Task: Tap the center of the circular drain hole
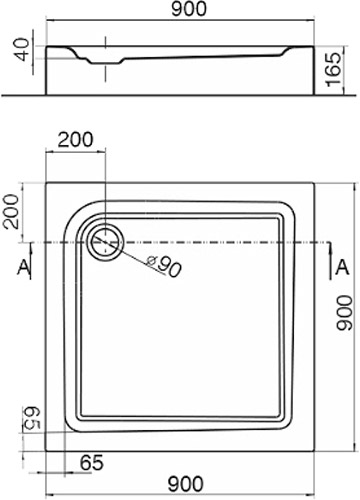click(x=103, y=241)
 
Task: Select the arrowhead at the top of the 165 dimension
click(x=332, y=47)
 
